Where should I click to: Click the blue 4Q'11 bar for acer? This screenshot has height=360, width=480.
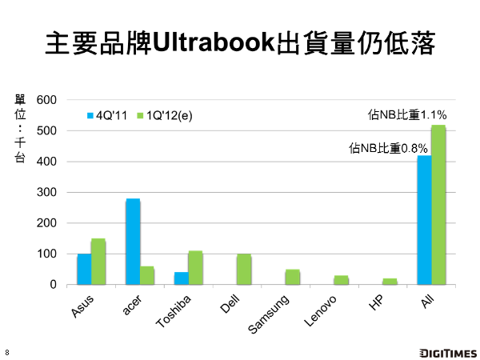point(133,242)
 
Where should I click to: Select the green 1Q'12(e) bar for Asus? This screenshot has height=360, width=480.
point(98,262)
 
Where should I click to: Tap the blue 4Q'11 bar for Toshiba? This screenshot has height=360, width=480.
point(182,278)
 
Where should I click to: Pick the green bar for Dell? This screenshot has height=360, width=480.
point(244,270)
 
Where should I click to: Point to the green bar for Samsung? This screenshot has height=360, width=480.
point(292,277)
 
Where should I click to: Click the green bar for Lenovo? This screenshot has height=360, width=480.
point(341,280)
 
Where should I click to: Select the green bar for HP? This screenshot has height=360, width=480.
point(390,282)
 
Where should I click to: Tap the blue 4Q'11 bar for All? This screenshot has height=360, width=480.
point(424,220)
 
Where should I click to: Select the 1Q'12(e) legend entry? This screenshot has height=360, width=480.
point(164,115)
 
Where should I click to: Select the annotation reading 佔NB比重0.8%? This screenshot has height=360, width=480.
point(390,148)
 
